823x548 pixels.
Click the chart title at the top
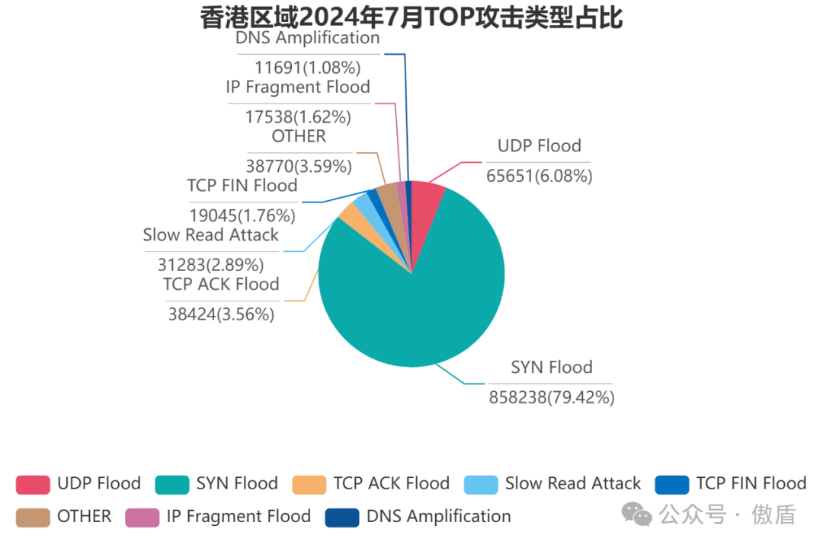[x=411, y=17]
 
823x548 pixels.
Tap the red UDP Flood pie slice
[x=427, y=198]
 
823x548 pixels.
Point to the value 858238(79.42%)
[x=552, y=397]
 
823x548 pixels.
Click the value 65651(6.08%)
[x=539, y=177]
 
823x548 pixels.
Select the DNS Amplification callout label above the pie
[x=307, y=38]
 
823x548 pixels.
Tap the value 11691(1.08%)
[x=307, y=68]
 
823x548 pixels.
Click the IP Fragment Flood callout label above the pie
[x=298, y=87]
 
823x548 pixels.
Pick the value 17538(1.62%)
[x=298, y=117]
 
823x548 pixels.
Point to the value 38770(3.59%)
[x=299, y=166]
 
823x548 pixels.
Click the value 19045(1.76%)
[x=242, y=215]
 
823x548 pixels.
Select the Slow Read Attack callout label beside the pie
[x=211, y=235]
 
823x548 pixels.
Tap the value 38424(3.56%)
[x=221, y=314]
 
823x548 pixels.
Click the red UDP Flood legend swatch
[x=33, y=484]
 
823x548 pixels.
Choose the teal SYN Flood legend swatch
[x=171, y=484]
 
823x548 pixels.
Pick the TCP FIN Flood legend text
[x=751, y=483]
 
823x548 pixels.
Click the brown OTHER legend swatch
[x=33, y=517]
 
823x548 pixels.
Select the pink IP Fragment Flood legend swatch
[x=142, y=517]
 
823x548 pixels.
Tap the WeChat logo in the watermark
[x=636, y=515]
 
